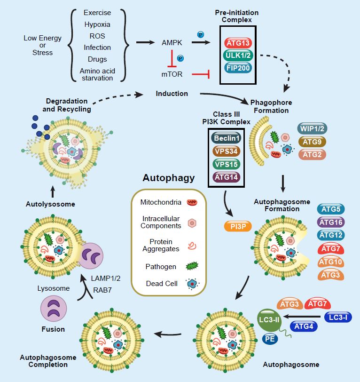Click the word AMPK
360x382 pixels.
(172, 43)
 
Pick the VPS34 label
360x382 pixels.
(226, 151)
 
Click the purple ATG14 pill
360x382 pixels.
(226, 177)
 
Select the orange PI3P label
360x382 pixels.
(238, 225)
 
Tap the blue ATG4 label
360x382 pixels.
(305, 325)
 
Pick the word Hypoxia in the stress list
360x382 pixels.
(98, 24)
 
